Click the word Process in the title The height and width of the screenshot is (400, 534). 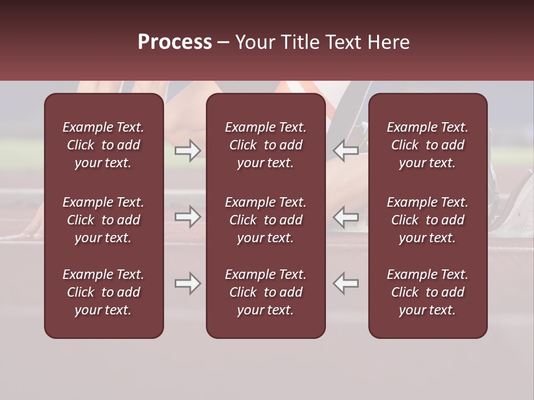pos(175,42)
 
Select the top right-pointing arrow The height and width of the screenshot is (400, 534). pos(187,150)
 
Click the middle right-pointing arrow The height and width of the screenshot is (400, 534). pos(187,217)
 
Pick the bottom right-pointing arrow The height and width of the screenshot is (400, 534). pos(187,283)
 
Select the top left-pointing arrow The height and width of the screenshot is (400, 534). pos(346,150)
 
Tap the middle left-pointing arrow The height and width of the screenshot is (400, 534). pos(346,217)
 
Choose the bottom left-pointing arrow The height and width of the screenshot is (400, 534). pos(346,283)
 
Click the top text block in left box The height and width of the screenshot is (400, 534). pos(103,145)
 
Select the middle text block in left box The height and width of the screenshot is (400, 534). pos(103,220)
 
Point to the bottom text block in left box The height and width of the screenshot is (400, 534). pos(103,292)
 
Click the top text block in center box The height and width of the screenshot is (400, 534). pos(265,145)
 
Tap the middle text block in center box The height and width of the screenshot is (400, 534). pos(265,220)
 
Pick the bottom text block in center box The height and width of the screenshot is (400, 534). pos(265,292)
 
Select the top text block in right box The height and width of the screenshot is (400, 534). pos(427,145)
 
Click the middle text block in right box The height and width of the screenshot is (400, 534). pos(427,220)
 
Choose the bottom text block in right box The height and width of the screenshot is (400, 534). pos(427,292)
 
